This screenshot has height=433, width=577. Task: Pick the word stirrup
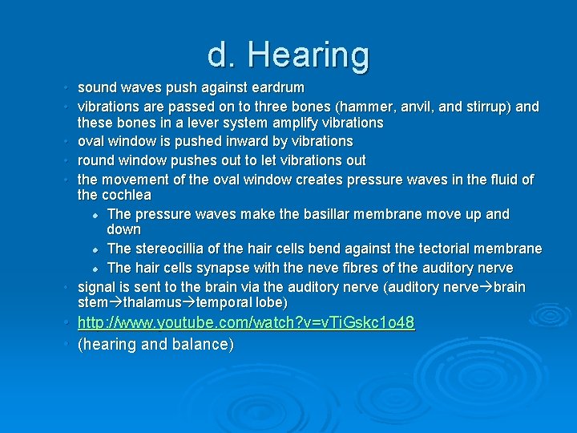(489, 106)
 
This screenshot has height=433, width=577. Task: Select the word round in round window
(96, 160)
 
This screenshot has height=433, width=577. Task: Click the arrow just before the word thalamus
(116, 303)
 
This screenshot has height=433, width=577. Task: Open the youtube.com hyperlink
(245, 323)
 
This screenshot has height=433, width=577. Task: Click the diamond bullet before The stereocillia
(95, 250)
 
